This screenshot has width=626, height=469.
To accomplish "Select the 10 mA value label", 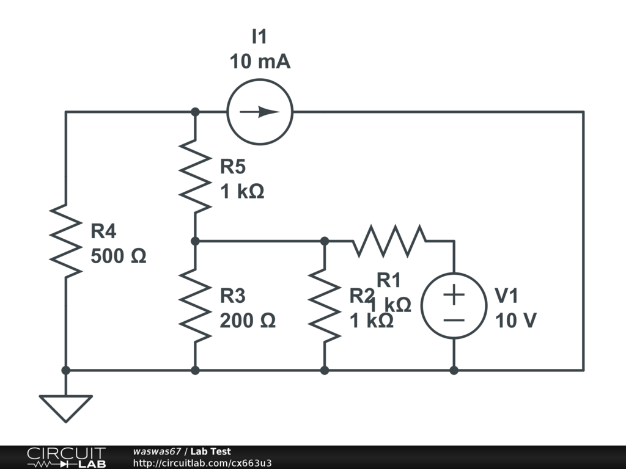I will pos(260,62).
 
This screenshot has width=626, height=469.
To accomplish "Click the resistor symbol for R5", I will pos(195,176).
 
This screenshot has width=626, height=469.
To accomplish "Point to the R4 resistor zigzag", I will pos(65,241).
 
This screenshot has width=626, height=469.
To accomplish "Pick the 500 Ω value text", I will pos(119,256).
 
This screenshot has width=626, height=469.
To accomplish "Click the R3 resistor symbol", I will pos(195,305).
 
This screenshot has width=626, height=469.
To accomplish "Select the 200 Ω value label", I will pos(248,320).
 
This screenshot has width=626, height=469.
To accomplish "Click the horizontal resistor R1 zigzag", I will pos(389,241).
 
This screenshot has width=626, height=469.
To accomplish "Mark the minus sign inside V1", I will pos(454,319).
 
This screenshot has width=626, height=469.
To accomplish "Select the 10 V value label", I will pos(515,320).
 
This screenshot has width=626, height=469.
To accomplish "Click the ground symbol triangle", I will pos(65,407).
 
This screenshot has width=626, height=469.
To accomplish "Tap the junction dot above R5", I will pos(195,112).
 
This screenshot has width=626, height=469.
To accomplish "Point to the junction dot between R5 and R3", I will pos(195,241).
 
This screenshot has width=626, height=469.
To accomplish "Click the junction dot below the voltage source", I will pos(454,370).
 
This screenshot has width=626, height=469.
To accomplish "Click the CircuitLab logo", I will pos(65,457).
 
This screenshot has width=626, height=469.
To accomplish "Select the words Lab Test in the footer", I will pos(210,452).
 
